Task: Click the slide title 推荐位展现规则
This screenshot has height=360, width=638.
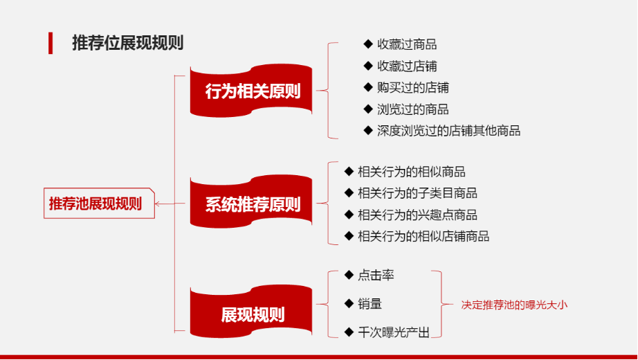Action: [x=128, y=43]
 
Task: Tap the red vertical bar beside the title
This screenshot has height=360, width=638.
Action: [x=51, y=43]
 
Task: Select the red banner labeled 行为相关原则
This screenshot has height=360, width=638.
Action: [x=251, y=91]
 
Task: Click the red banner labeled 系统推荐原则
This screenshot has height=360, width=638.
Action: [x=251, y=201]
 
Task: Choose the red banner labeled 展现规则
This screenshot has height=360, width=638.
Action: [x=251, y=312]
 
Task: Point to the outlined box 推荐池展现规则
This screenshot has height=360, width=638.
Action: [x=99, y=204]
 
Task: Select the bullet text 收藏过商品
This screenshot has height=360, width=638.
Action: [x=407, y=44]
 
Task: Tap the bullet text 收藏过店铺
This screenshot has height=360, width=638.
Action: [x=407, y=66]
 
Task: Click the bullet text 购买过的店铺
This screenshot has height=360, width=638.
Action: [x=413, y=87]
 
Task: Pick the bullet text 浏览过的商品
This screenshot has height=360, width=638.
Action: [x=413, y=109]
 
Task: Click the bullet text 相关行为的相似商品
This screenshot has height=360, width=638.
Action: [x=411, y=172]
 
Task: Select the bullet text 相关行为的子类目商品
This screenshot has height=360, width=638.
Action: [x=417, y=193]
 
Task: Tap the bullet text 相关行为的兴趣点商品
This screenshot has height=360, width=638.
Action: [x=417, y=215]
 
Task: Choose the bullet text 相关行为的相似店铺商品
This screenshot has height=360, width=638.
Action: [x=423, y=236]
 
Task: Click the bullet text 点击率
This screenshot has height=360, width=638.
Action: [x=376, y=276]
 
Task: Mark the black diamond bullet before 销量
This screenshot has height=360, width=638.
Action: [x=349, y=303]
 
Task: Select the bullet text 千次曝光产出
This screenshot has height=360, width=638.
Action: [x=394, y=333]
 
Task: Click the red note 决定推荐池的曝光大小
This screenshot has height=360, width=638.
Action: [x=514, y=305]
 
